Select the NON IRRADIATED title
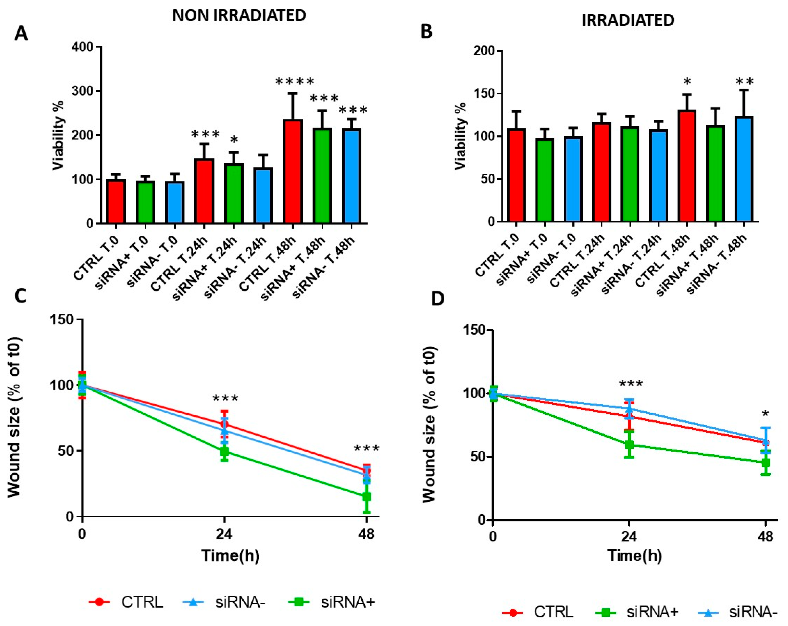(x=239, y=15)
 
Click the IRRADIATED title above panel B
(x=628, y=21)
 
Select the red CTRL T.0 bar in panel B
(x=516, y=175)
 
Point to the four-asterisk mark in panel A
(x=295, y=82)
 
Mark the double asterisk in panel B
(x=744, y=82)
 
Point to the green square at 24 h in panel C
(x=224, y=452)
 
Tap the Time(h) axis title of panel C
(x=230, y=556)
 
